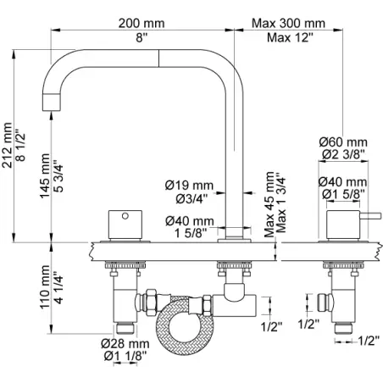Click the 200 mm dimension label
coord(142,23)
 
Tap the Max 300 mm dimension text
coord(288,23)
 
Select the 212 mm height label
coord(8,145)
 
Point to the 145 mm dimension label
coord(45,175)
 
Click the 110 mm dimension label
coord(45,287)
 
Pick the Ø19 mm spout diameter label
coord(189,186)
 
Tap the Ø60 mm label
coord(343,142)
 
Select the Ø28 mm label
coord(125,344)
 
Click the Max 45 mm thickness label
coord(269,204)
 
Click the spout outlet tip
coord(51,103)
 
